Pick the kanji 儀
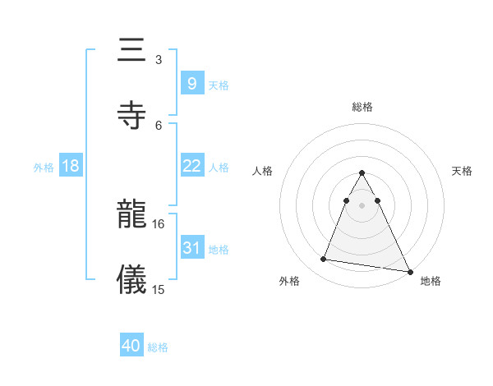click(x=132, y=278)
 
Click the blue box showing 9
click(x=191, y=83)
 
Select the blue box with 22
click(x=191, y=166)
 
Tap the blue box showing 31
click(x=191, y=248)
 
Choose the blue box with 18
click(x=71, y=166)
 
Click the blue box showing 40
click(x=131, y=346)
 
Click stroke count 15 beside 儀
click(x=159, y=289)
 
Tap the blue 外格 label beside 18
click(x=44, y=167)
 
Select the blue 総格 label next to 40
click(x=158, y=347)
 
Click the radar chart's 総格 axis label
click(x=362, y=108)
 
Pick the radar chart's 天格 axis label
click(x=463, y=171)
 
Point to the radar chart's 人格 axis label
click(x=263, y=171)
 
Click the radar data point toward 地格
click(x=409, y=271)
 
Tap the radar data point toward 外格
click(x=324, y=260)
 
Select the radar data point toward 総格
click(x=362, y=172)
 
